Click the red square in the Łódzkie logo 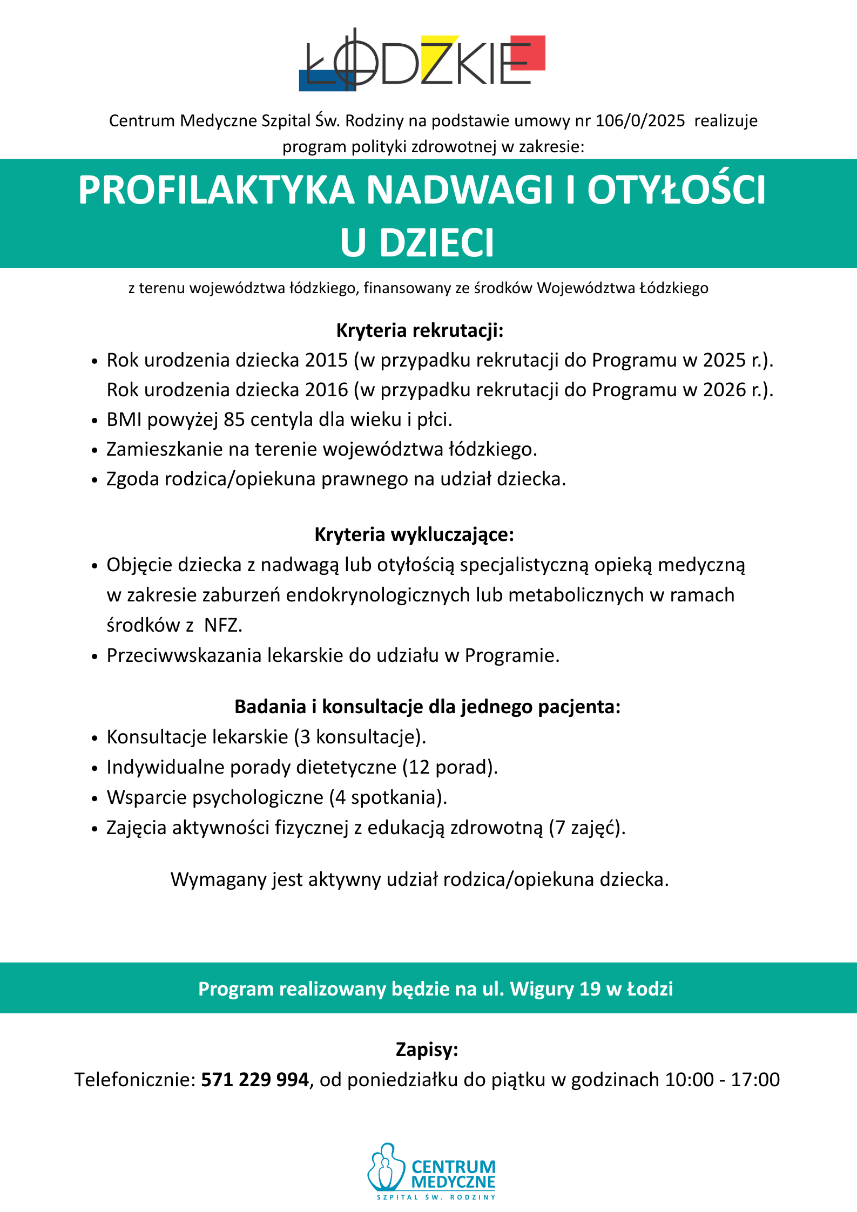click(528, 52)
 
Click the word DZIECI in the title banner click(436, 243)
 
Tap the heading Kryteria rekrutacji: click(420, 330)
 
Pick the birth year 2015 click(326, 360)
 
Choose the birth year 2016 click(326, 390)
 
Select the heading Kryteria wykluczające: click(414, 534)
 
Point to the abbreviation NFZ click(223, 625)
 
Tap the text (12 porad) click(450, 767)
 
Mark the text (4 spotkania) click(388, 797)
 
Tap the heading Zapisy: click(427, 1049)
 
